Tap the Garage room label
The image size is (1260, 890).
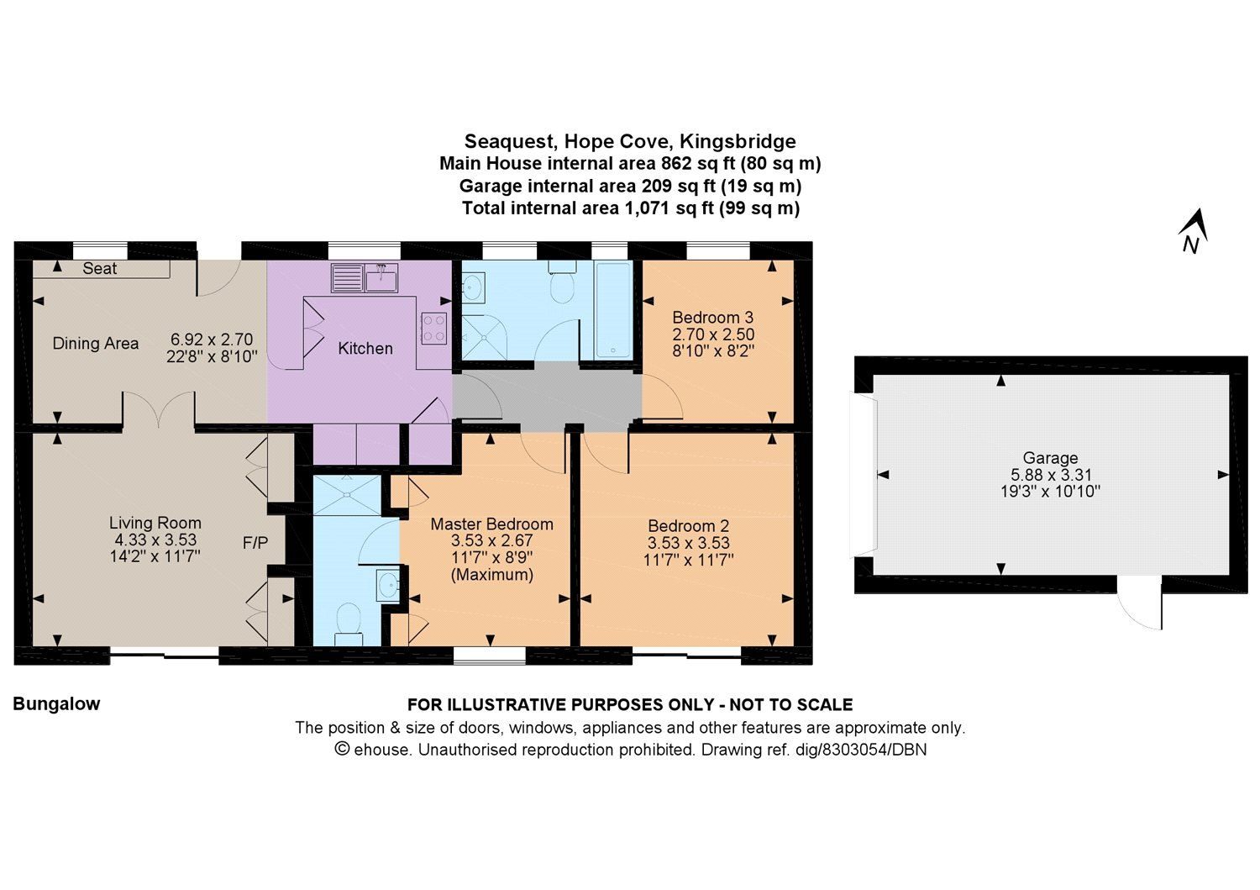coord(1050,458)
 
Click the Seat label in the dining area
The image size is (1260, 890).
coord(100,269)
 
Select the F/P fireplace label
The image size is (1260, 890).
coord(255,544)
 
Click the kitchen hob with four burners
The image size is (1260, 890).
coord(433,328)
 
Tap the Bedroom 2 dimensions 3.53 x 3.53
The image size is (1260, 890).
coord(688,543)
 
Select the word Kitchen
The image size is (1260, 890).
coord(365,348)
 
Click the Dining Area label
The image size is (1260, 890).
coord(95,343)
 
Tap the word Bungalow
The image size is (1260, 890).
coord(56,704)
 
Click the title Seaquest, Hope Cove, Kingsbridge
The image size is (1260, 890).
coord(630,141)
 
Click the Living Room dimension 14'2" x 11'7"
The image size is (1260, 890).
coord(155,556)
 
